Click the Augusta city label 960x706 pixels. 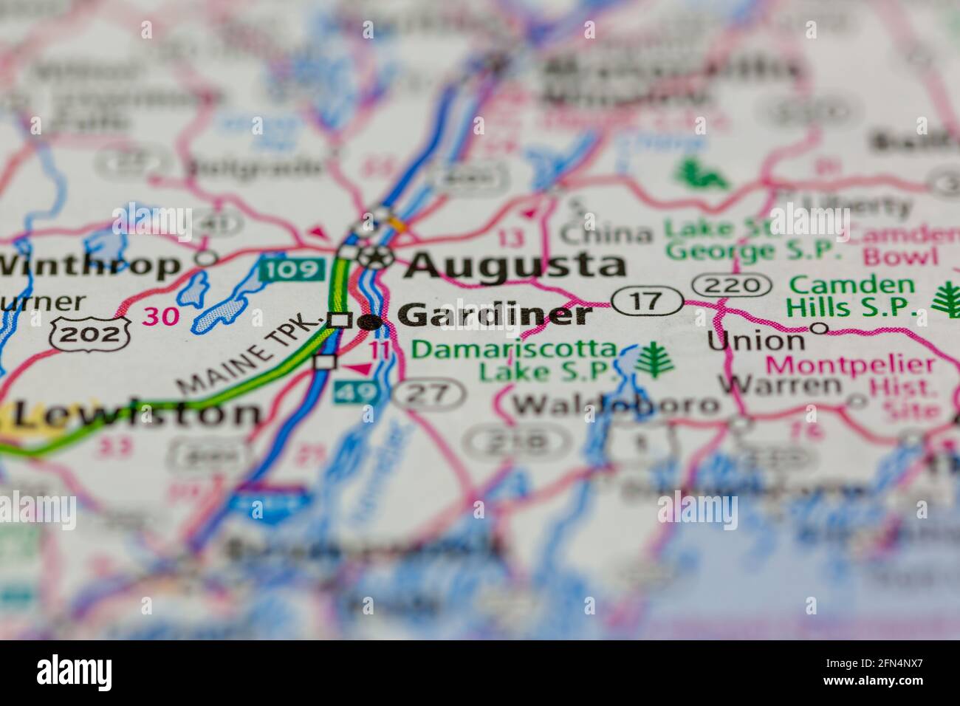coord(515,264)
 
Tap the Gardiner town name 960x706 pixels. coord(495,315)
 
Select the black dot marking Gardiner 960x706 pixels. coord(370,321)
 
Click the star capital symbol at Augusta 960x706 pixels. coord(378,257)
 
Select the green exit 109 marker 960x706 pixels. coord(292,268)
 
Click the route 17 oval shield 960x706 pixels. coord(647,301)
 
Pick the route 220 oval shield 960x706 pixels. coord(732,285)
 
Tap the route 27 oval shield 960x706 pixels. coord(428,394)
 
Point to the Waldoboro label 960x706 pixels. coord(616,404)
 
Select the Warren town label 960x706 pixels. coord(779,385)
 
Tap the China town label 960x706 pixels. coord(606,234)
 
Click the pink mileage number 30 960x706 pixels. coord(161,316)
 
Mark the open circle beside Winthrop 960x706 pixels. coord(208,258)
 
